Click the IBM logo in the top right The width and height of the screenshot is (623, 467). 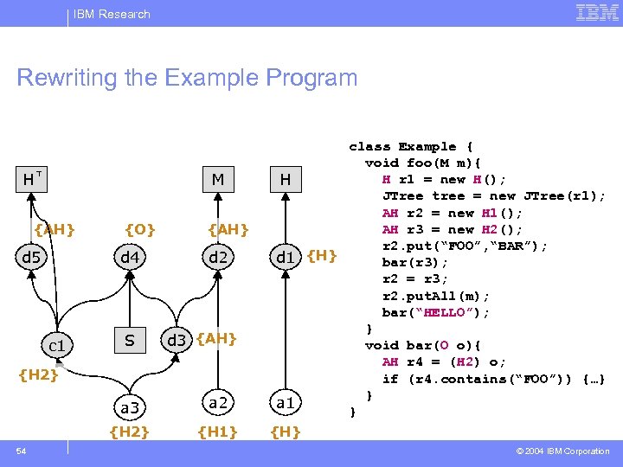[x=596, y=13]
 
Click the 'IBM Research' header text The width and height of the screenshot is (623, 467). [x=112, y=14]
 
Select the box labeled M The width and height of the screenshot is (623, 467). [x=217, y=180]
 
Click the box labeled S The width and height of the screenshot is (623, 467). [x=130, y=341]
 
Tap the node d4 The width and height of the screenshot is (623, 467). [x=130, y=257]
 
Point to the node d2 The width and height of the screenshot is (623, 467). [x=217, y=257]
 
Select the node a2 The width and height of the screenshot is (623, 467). [x=217, y=401]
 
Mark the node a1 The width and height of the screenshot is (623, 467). [x=285, y=402]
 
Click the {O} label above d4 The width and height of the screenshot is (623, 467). [x=140, y=229]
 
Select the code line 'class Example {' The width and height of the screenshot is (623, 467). [x=411, y=147]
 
